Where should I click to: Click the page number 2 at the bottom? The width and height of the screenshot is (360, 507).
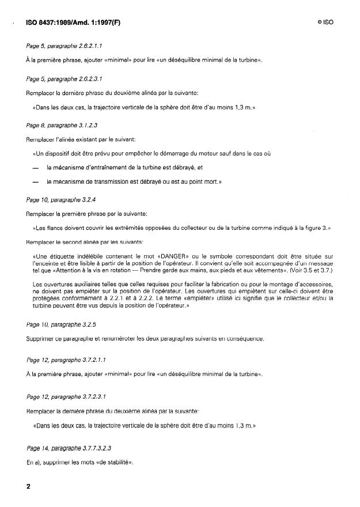(28, 486)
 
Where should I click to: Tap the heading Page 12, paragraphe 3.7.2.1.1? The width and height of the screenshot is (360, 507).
(60, 360)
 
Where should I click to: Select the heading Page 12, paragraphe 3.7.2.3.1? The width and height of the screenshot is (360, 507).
(60, 397)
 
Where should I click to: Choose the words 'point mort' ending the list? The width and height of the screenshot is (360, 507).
(205, 182)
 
